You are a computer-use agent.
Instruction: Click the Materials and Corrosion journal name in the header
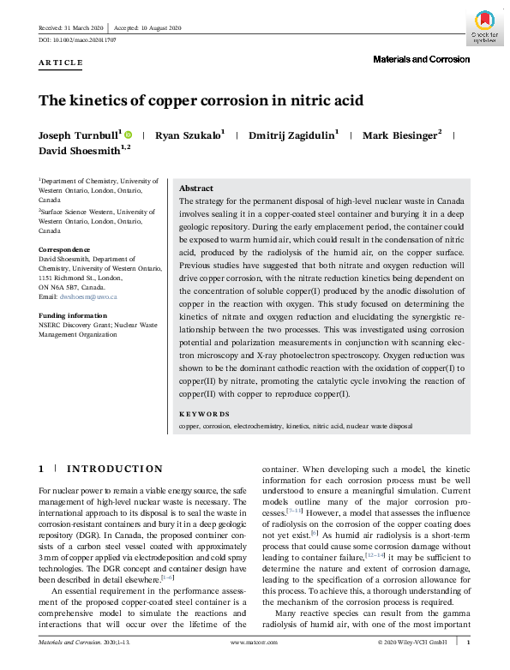tap(421, 59)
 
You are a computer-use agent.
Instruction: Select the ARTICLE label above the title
tap(61, 63)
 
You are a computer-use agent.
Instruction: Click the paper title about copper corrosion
tap(201, 100)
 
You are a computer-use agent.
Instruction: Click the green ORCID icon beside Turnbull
tap(129, 135)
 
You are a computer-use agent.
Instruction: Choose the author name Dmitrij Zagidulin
tap(292, 135)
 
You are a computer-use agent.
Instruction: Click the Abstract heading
tap(196, 188)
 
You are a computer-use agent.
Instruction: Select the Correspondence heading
tap(64, 250)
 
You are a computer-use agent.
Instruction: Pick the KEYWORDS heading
tap(204, 414)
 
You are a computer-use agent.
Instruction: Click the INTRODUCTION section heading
tap(114, 469)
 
